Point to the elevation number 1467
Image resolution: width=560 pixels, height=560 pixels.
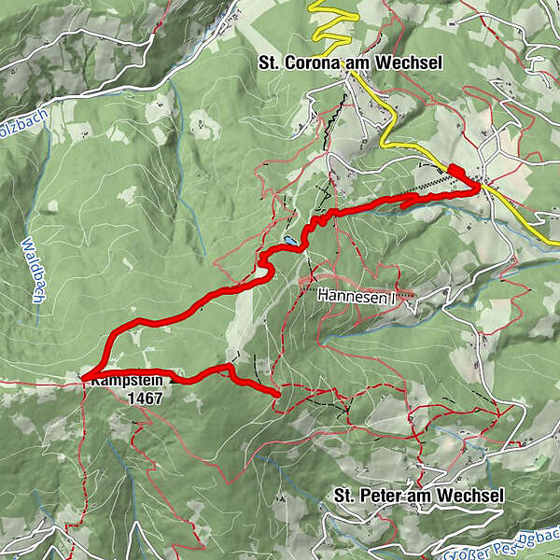(x=147, y=398)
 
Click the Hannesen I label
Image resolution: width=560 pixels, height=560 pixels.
(x=356, y=295)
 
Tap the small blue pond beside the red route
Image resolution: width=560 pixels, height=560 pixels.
(x=292, y=241)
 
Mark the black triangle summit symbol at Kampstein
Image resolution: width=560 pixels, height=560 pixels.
(x=172, y=380)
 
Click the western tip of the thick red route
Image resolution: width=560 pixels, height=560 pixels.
(x=84, y=377)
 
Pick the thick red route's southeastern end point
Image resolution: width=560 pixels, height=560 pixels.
(x=278, y=395)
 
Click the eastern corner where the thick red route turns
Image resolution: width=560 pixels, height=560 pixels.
(x=480, y=187)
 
